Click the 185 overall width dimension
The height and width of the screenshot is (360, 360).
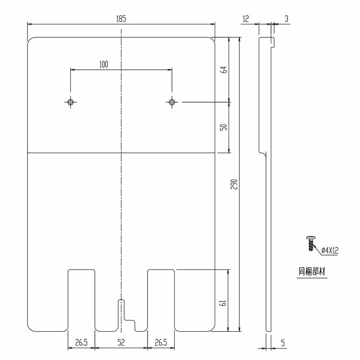point(121,18)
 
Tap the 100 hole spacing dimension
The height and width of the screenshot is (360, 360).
point(103,64)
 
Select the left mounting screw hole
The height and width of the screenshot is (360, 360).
point(70,102)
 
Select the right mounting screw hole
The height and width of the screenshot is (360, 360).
point(172,102)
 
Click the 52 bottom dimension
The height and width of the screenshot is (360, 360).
point(121,342)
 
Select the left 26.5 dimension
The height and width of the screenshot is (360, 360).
point(81,342)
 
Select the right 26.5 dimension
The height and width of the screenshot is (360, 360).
point(161,342)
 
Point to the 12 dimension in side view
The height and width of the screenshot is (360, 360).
point(245,18)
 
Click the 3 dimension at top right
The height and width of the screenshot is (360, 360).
point(286,18)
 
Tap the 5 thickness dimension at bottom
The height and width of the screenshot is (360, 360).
point(282,343)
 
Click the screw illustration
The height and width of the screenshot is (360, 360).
point(310,243)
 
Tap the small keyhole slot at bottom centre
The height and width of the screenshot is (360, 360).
point(121,310)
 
